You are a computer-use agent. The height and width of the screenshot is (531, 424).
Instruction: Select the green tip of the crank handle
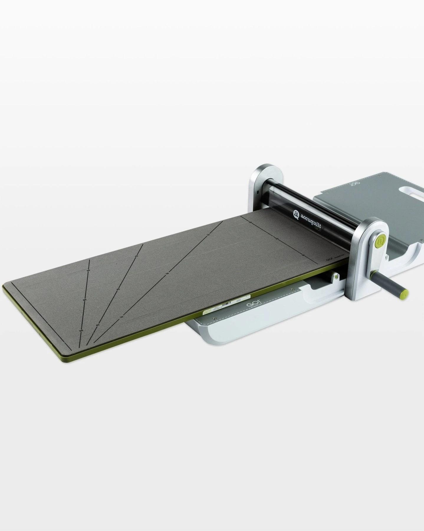406,294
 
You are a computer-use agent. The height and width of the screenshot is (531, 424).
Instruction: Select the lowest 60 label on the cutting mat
81,331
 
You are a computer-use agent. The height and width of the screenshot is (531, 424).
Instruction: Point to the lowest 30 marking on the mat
121,317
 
